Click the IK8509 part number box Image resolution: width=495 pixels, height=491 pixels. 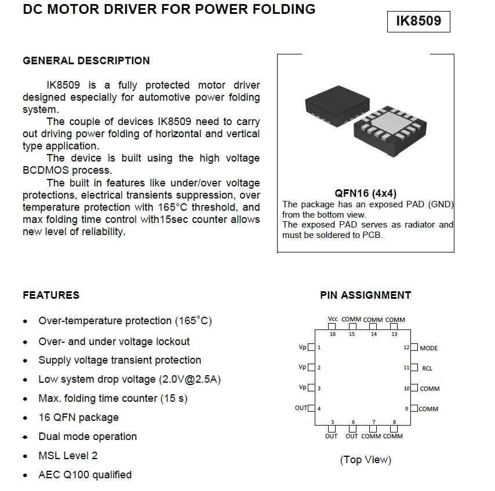click(x=418, y=21)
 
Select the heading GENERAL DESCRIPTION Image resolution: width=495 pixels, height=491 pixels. click(x=86, y=61)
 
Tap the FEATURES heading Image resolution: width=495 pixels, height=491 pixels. click(x=51, y=295)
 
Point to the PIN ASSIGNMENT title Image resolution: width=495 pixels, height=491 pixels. click(x=365, y=295)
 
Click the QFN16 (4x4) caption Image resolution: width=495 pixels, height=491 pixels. click(x=366, y=193)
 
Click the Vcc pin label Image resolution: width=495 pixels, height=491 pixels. click(x=332, y=320)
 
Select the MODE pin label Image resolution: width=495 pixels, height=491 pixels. click(x=428, y=348)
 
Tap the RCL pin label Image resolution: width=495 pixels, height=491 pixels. click(x=427, y=368)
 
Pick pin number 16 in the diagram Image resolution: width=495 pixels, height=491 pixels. click(x=332, y=334)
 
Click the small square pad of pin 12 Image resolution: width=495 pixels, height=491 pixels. click(x=414, y=347)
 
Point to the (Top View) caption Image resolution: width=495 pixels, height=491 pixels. click(x=365, y=460)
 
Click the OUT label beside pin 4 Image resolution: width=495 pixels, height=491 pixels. click(x=301, y=408)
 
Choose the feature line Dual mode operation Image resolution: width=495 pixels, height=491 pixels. click(x=88, y=437)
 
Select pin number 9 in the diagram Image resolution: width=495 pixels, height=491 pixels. click(x=406, y=409)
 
